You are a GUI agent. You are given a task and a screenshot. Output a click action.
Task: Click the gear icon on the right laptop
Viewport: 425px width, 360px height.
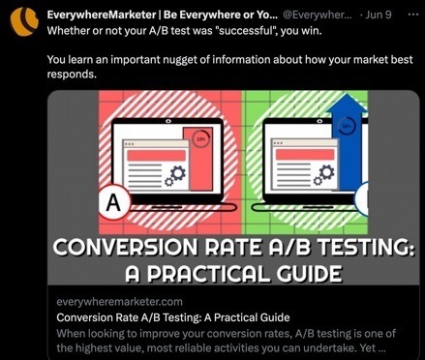point(327,175)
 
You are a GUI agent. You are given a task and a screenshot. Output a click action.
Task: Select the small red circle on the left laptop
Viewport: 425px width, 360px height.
point(200,137)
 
